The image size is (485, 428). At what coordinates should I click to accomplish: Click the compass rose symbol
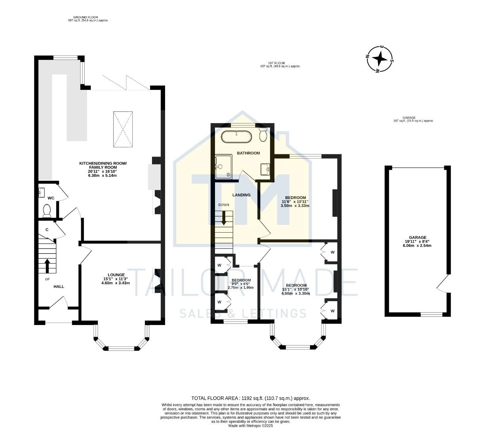tap(380, 59)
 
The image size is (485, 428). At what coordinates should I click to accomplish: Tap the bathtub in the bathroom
tap(236, 137)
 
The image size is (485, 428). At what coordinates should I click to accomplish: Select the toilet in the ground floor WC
tap(47, 210)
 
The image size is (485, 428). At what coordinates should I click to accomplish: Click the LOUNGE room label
tap(116, 275)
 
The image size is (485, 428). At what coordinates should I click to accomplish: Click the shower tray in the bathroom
tap(223, 167)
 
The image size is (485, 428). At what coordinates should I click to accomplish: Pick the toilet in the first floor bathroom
tap(263, 135)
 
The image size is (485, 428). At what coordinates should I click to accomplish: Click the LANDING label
tap(241, 195)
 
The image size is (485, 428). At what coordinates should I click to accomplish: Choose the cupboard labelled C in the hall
tap(47, 229)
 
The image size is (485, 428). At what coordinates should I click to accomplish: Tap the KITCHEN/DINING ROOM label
tap(103, 163)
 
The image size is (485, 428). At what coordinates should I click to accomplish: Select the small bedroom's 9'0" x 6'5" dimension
tap(240, 283)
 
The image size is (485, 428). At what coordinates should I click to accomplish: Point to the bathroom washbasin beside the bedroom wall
tap(265, 169)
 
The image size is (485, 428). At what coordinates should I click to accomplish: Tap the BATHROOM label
tap(248, 153)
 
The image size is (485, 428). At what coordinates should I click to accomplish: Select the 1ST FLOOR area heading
tap(276, 63)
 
